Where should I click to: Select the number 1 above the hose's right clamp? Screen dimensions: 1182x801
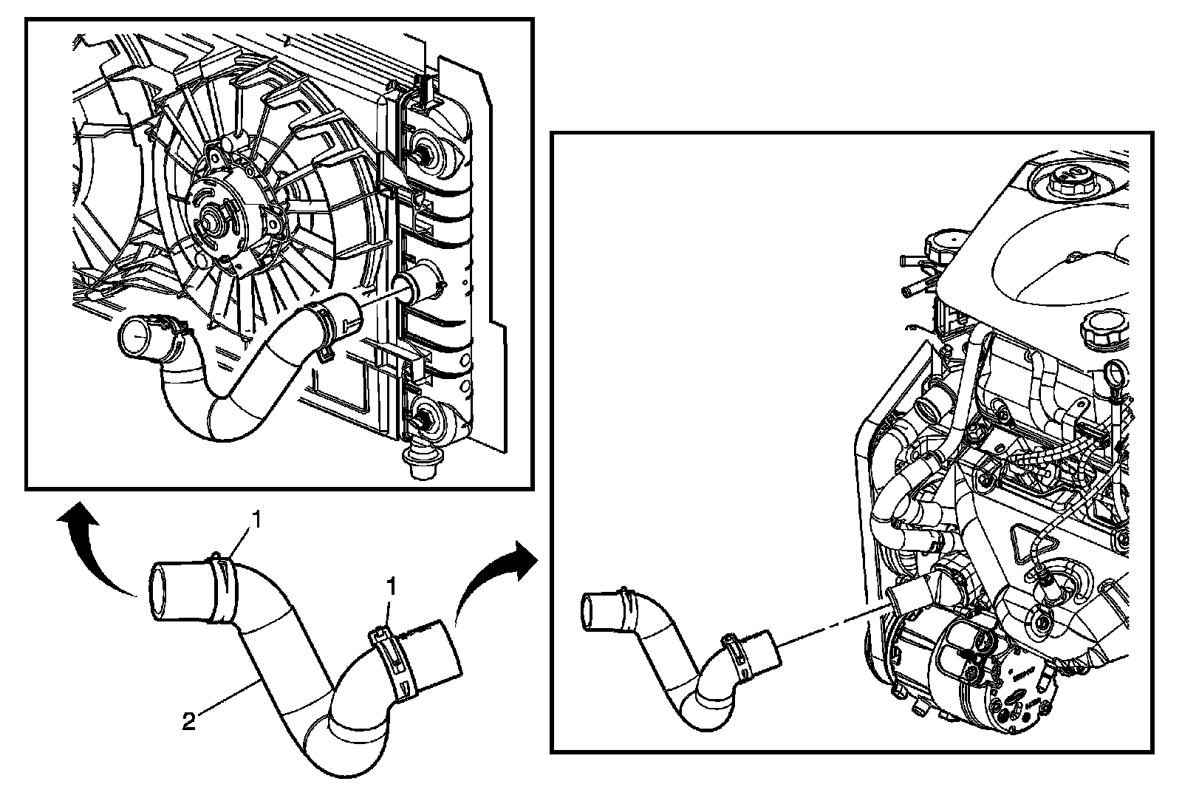tap(392, 588)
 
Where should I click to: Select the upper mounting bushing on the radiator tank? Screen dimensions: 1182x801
tap(426, 151)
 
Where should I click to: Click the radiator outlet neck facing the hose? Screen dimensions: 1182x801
tap(418, 285)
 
